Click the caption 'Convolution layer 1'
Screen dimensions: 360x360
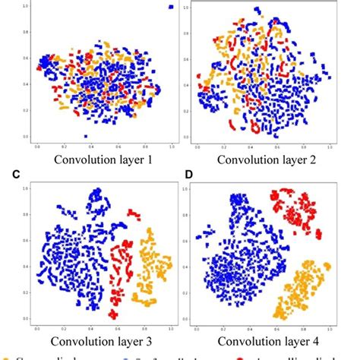click(x=99, y=159)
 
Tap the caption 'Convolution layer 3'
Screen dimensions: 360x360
click(x=99, y=339)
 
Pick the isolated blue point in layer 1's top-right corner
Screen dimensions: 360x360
click(x=170, y=7)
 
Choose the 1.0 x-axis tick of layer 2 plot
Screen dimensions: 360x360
click(x=329, y=147)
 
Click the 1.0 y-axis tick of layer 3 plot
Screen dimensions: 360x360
click(x=28, y=188)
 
